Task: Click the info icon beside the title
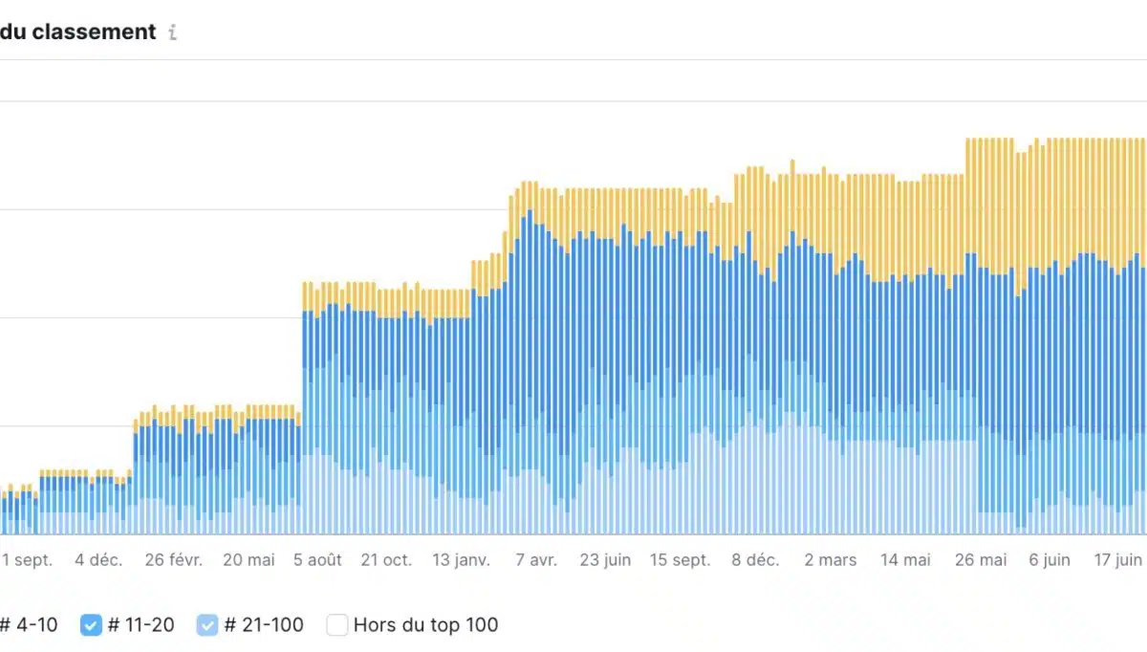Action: click(172, 33)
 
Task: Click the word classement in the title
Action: click(93, 32)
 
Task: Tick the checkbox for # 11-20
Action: click(91, 625)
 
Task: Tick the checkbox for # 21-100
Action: click(207, 625)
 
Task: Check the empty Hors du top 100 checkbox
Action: click(337, 625)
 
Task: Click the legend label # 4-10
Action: click(30, 625)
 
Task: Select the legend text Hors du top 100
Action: click(425, 625)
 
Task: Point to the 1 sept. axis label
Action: click(28, 560)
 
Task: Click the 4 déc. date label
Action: click(98, 560)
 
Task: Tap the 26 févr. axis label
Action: click(174, 560)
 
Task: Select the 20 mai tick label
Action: click(249, 560)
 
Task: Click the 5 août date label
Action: click(317, 560)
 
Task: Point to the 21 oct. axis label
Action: click(386, 560)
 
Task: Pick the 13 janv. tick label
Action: click(462, 560)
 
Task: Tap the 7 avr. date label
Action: click(536, 560)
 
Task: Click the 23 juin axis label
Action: click(605, 560)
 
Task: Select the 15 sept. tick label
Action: click(680, 560)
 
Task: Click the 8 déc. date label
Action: click(756, 560)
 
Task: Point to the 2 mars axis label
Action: click(830, 560)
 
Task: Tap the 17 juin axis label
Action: click(1117, 560)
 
